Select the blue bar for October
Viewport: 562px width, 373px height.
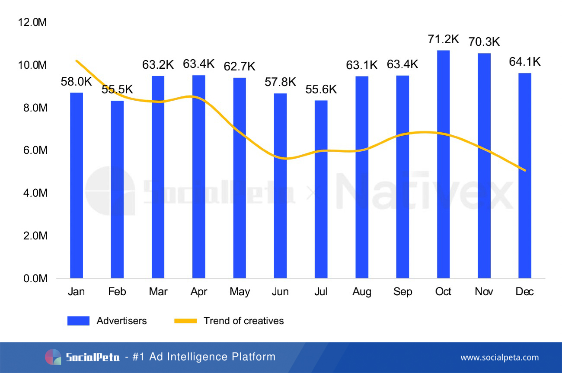[443, 164]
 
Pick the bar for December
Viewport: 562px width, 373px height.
[525, 175]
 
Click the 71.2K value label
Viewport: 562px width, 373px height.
[443, 39]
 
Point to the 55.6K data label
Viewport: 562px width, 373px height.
[321, 89]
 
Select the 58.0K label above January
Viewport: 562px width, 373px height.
[77, 82]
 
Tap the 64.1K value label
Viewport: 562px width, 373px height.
[525, 62]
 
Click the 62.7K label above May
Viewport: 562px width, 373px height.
[239, 67]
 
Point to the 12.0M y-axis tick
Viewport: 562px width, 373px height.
[32, 22]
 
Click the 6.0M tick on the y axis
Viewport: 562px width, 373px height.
[32, 150]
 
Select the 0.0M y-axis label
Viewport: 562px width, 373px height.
[32, 279]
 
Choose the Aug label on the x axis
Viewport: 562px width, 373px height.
[361, 292]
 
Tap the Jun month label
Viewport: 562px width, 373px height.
[280, 292]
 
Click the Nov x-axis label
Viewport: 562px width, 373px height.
[484, 292]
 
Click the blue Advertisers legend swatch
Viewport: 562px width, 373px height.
[78, 321]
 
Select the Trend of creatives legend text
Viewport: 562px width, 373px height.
[244, 321]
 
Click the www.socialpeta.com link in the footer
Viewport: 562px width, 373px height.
[499, 357]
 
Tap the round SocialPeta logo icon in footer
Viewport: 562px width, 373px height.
[53, 357]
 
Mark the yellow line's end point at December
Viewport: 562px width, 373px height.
[525, 170]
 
